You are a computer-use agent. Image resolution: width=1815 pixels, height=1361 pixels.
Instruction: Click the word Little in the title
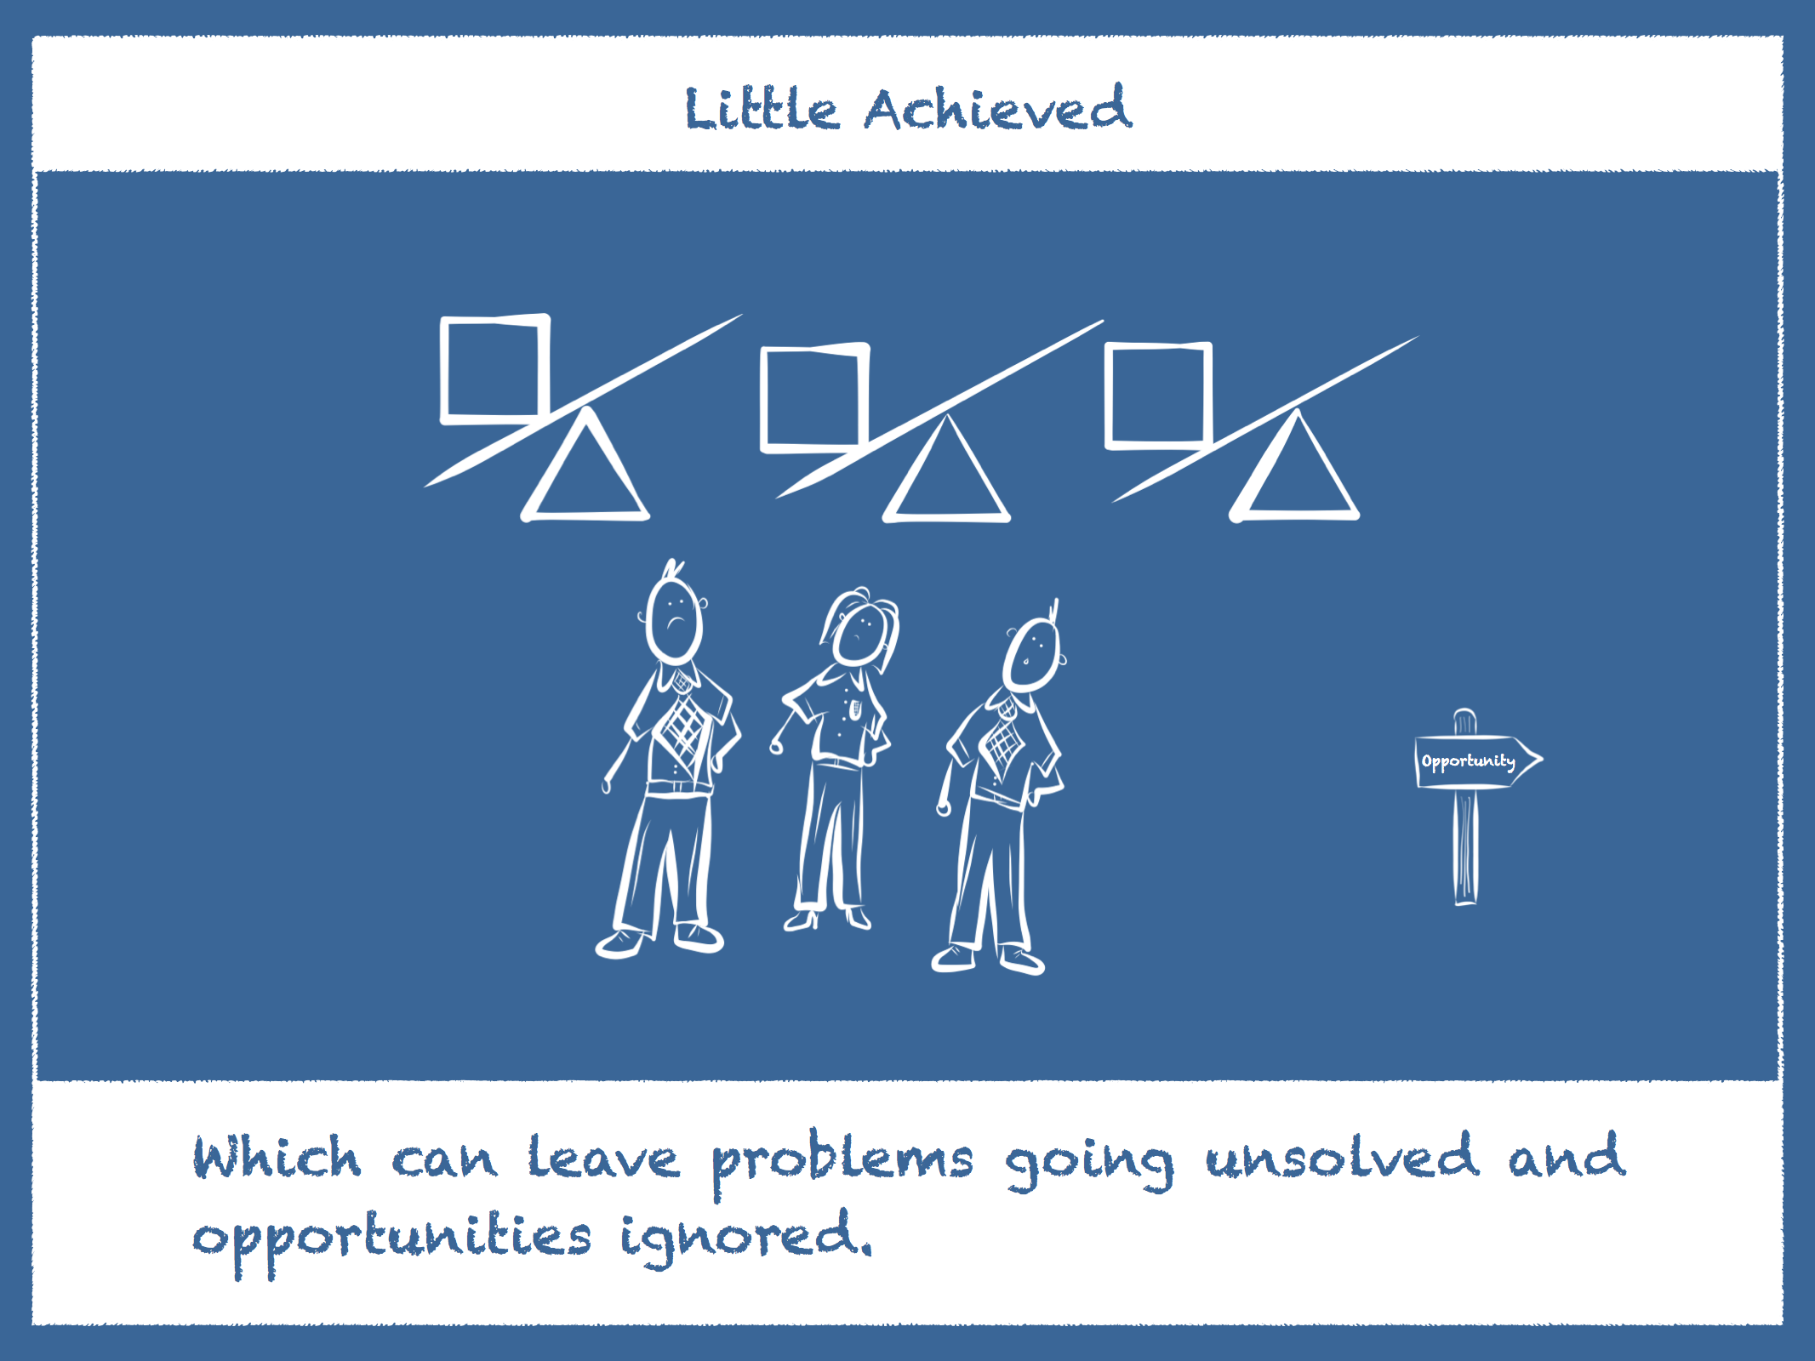(x=762, y=109)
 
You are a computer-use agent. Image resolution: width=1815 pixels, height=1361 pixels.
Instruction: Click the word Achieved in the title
(x=998, y=108)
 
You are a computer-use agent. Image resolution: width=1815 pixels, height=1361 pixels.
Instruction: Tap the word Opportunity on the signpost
(x=1468, y=761)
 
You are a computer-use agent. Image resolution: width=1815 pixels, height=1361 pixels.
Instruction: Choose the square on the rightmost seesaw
(x=1110, y=395)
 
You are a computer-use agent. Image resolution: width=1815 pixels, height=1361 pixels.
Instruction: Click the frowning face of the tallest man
(x=674, y=619)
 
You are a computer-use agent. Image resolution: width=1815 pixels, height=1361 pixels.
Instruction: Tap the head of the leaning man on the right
(x=1032, y=653)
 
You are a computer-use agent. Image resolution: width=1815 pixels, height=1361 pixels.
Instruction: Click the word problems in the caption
(x=842, y=1162)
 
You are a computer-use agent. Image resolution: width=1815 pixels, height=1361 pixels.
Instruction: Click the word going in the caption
(x=1089, y=1164)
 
